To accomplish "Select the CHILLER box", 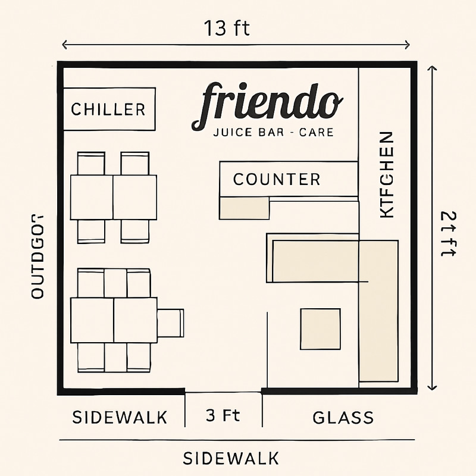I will pos(109,109).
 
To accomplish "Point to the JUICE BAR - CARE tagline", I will pos(273,132).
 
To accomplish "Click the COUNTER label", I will pos(276,179).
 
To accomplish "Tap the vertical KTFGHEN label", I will pos(387,174).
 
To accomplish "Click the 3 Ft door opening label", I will pos(223,416).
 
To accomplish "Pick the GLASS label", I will pos(343,418).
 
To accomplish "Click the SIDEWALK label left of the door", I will pos(120,418).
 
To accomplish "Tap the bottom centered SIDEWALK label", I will pos(230,459).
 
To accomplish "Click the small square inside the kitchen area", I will pos(320,328).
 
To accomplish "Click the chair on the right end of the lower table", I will pos(171,324).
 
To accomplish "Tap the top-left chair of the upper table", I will pos(91,163).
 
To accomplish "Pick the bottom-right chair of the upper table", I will pos(134,231).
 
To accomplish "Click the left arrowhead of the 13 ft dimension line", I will pos(63,45).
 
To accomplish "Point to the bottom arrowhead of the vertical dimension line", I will pos(433,387).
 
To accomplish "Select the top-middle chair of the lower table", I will pos(115,283).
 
